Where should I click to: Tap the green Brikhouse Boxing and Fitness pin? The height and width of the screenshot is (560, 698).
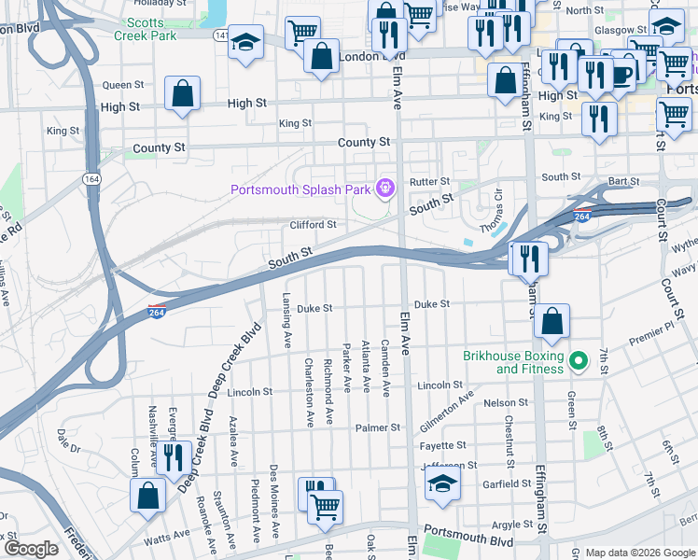click(579, 360)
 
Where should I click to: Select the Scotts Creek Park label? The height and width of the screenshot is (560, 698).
click(145, 29)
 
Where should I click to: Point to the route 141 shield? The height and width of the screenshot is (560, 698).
click(220, 35)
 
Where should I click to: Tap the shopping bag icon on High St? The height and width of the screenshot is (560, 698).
click(183, 93)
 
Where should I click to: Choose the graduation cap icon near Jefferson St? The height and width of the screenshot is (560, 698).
click(442, 483)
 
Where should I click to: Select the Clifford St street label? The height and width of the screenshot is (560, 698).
click(313, 225)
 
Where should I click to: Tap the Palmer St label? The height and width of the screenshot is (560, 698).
click(377, 427)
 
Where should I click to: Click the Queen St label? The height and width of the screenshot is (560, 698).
click(123, 85)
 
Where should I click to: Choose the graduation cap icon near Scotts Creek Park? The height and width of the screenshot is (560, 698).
click(246, 42)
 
